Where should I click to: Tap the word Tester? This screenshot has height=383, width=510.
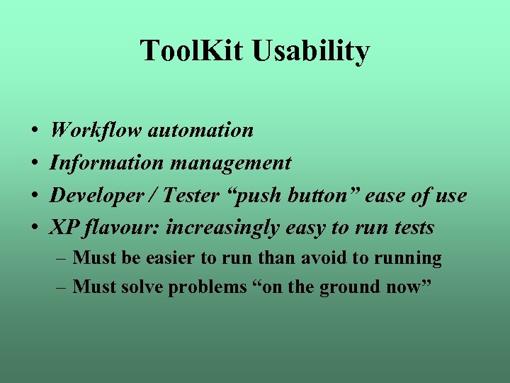coord(188,195)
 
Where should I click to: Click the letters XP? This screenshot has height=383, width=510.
coord(62,228)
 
